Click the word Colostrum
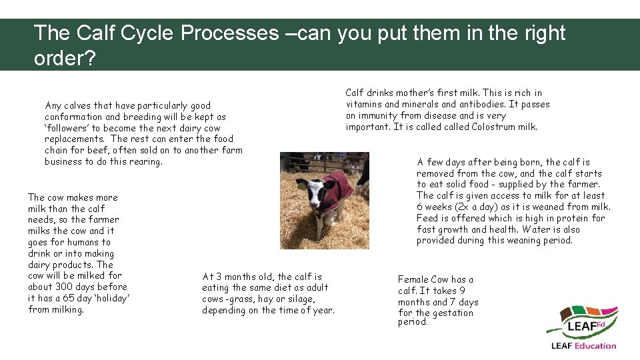click(494, 127)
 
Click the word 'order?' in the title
click(65, 58)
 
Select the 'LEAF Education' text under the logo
click(583, 345)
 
